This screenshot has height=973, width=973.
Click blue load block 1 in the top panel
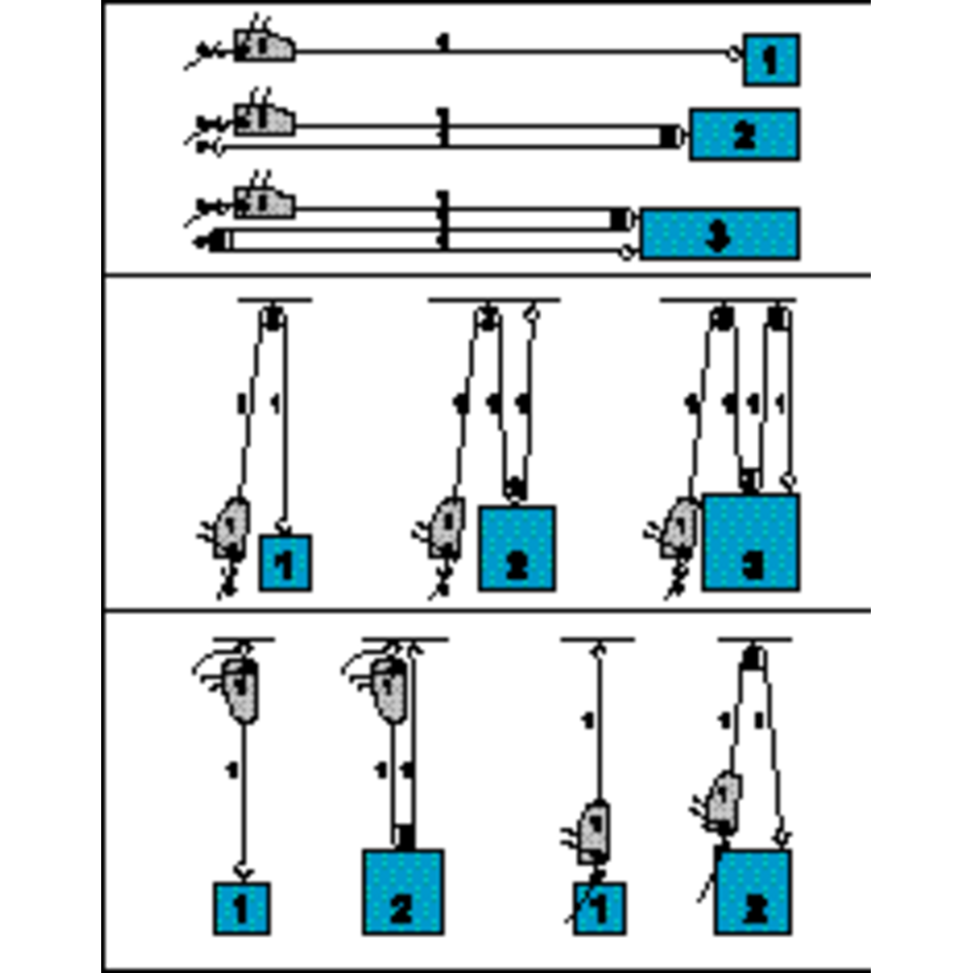771,59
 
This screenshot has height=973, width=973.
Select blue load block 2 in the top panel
744,134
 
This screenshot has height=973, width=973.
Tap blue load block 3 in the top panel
720,234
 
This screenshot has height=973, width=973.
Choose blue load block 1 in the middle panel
284,562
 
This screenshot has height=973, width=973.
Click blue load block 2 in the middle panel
516,548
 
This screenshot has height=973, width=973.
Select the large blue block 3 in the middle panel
751,543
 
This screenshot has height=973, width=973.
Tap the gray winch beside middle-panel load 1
232,527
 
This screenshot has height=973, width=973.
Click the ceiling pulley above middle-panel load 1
273,315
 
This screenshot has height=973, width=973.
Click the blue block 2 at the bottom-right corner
752,892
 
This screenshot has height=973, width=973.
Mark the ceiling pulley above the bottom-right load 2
753,659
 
